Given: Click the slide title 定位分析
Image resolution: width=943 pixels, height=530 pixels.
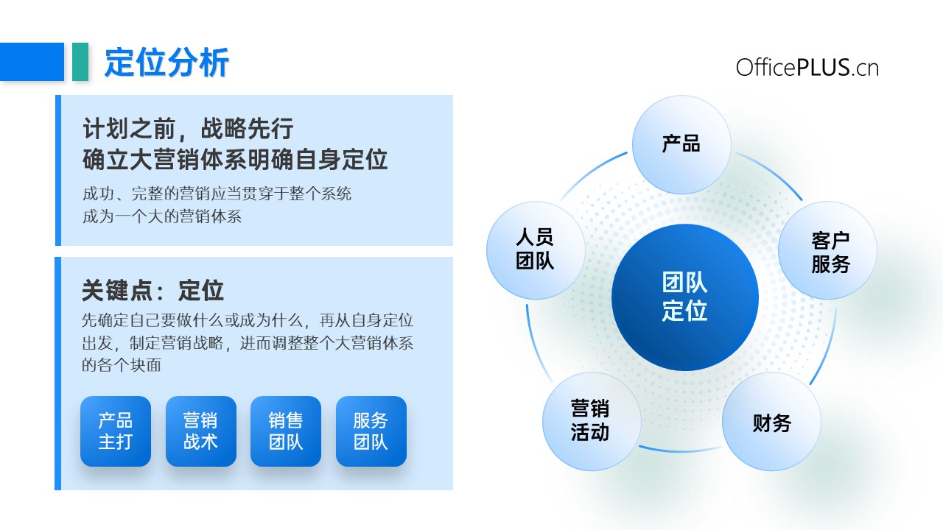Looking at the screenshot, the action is pyautogui.click(x=166, y=63).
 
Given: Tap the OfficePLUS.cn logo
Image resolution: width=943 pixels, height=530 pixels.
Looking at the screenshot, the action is pyautogui.click(x=807, y=67).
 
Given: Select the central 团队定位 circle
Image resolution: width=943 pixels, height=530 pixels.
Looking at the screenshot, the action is pyautogui.click(x=685, y=297).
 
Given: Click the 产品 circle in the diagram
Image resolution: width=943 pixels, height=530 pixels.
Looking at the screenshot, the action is pyautogui.click(x=681, y=144).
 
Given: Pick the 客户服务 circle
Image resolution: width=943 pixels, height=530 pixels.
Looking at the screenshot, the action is pyautogui.click(x=827, y=250).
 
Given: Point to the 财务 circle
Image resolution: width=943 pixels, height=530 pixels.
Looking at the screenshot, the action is pyautogui.click(x=771, y=422).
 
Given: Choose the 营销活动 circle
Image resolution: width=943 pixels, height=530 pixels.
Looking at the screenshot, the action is pyautogui.click(x=592, y=421).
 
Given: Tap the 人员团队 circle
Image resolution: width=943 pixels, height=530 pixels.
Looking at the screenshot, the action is pyautogui.click(x=536, y=250).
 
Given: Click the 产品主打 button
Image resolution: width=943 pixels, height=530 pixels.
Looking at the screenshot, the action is pyautogui.click(x=116, y=431).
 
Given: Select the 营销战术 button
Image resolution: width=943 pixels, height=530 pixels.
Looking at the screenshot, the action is pyautogui.click(x=201, y=431).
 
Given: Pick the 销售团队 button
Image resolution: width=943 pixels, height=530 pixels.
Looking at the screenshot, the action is pyautogui.click(x=286, y=431).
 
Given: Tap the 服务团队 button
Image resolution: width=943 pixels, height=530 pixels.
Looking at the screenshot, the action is pyautogui.click(x=371, y=431).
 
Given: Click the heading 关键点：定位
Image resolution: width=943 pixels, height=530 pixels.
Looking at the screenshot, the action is pyautogui.click(x=153, y=290).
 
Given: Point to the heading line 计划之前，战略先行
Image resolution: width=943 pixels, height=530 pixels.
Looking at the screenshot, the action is pyautogui.click(x=188, y=128).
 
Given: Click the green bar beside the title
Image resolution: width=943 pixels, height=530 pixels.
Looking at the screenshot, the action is pyautogui.click(x=80, y=61).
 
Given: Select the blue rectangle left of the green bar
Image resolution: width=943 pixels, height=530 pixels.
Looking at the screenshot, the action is pyautogui.click(x=32, y=61).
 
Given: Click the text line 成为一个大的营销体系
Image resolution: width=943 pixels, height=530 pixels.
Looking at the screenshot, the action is pyautogui.click(x=162, y=216).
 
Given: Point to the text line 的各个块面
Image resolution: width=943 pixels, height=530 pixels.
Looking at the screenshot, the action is pyautogui.click(x=122, y=365).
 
